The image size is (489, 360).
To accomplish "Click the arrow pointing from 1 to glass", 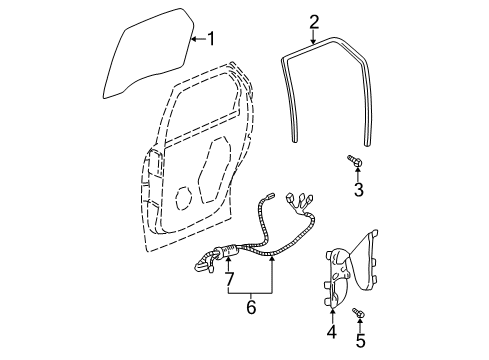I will (x=197, y=40).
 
